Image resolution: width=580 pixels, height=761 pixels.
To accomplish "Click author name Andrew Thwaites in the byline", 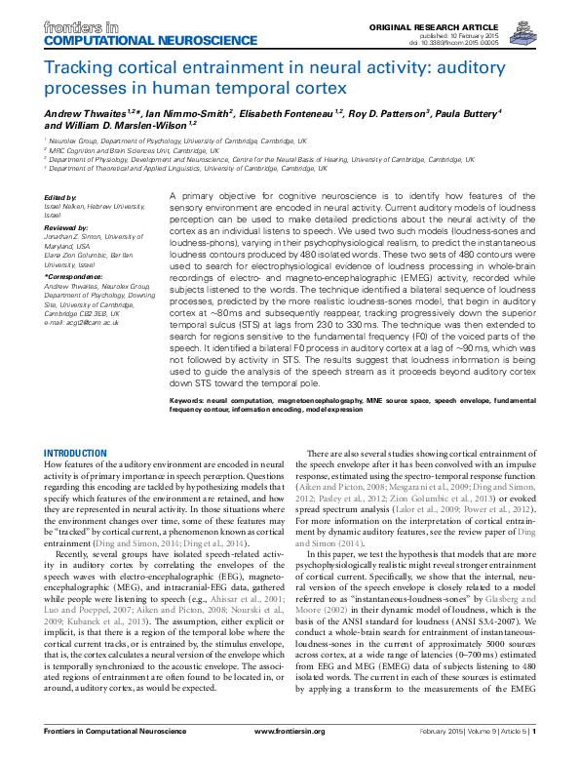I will (x=84, y=113).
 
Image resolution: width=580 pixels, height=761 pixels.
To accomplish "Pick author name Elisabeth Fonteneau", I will (x=292, y=113).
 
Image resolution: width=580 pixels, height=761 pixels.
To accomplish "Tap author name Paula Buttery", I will (x=471, y=113).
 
